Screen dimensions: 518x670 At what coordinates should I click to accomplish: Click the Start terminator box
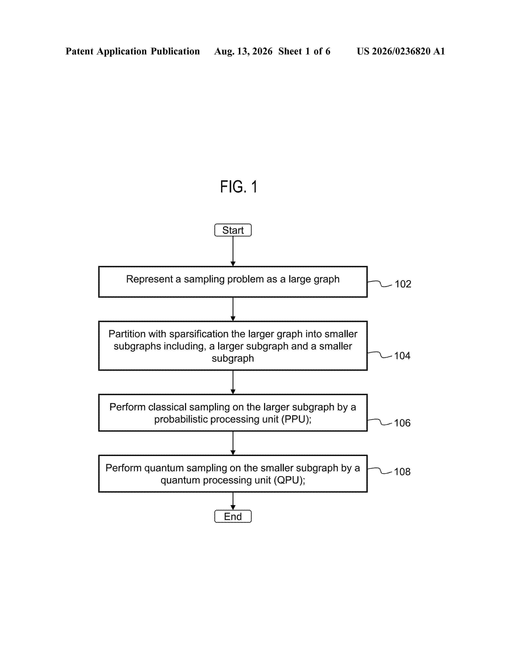pyautogui.click(x=233, y=230)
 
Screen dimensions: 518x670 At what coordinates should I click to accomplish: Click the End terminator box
pyautogui.click(x=233, y=516)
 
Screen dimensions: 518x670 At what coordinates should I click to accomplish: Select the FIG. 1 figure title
pyautogui.click(x=238, y=187)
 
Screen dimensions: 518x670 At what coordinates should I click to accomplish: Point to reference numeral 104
pyautogui.click(x=402, y=356)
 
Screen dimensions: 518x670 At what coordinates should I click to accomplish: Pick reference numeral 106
pyautogui.click(x=402, y=423)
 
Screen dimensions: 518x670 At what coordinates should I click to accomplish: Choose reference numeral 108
pyautogui.click(x=402, y=471)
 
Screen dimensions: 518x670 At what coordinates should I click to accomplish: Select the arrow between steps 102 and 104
pyautogui.click(x=233, y=309)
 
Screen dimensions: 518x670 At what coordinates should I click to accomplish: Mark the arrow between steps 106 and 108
pyautogui.click(x=233, y=443)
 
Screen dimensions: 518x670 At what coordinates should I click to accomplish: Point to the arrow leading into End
pyautogui.click(x=233, y=501)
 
